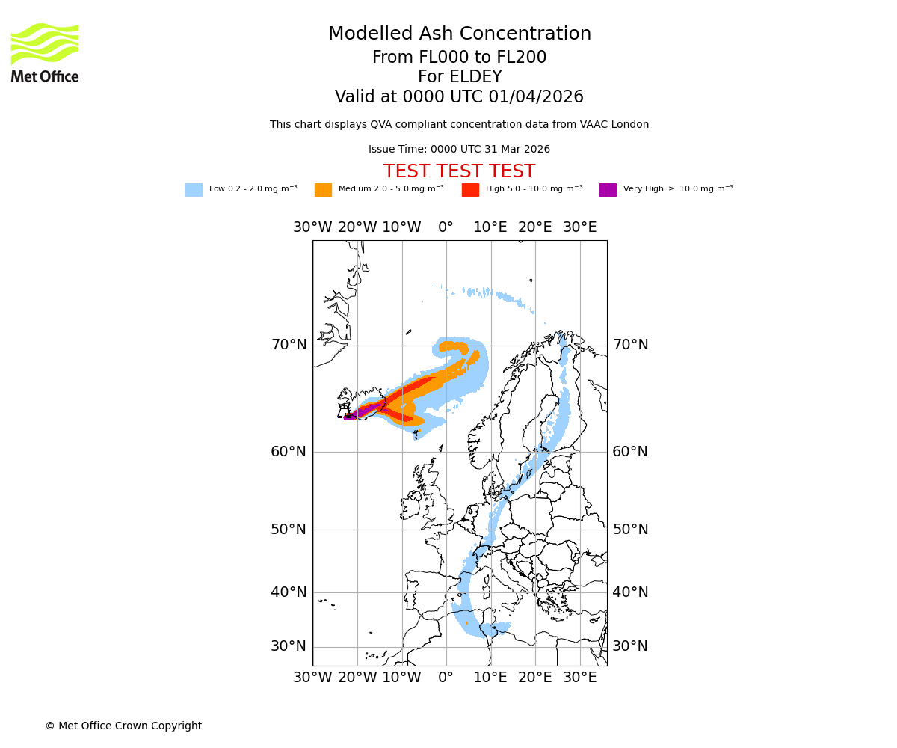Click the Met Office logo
pos(45,52)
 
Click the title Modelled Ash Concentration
pos(459,34)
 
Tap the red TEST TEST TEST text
pos(459,171)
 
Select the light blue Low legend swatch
pos(194,190)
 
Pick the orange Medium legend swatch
pos(323,190)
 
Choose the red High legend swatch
pos(470,190)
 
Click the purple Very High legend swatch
pos(608,190)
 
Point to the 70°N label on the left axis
pos(289,345)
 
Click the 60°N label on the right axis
pos(630,452)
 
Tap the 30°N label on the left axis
pos(289,646)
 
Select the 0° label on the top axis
pos(446,227)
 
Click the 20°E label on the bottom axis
pos(535,678)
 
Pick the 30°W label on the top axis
pos(312,227)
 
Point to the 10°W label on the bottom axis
pos(401,678)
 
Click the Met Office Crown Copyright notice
pos(123,726)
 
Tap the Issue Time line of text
pos(459,150)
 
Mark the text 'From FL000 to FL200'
pos(459,58)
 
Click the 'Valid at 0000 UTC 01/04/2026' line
pos(459,97)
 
